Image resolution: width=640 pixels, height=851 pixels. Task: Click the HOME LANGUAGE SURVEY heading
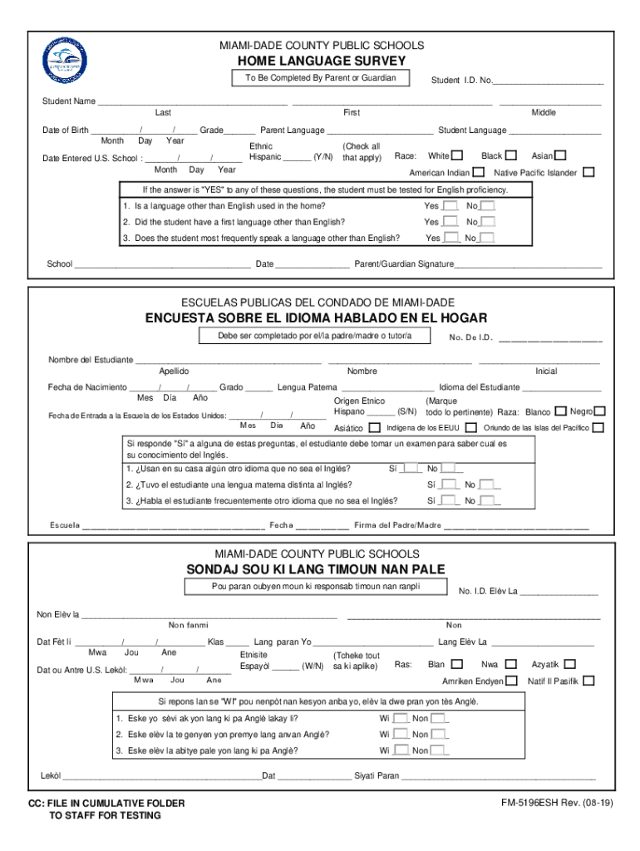click(321, 61)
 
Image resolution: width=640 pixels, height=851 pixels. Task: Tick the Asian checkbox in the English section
click(561, 155)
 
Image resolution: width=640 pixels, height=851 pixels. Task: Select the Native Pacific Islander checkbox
click(588, 173)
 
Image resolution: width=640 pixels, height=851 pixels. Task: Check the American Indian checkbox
click(479, 173)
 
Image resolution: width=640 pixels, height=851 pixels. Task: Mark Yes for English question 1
click(450, 206)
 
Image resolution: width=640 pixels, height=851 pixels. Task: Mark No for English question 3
click(487, 239)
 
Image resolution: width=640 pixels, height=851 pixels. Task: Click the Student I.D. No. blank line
click(549, 81)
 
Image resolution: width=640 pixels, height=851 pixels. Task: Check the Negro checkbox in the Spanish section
click(599, 411)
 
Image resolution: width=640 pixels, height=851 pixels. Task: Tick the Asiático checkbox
click(374, 428)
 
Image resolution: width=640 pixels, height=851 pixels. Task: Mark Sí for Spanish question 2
click(449, 485)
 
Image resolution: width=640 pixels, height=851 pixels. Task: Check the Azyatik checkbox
click(569, 664)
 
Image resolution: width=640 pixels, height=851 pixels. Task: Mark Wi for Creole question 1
click(401, 719)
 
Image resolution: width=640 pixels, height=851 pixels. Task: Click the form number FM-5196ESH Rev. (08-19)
click(552, 804)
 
